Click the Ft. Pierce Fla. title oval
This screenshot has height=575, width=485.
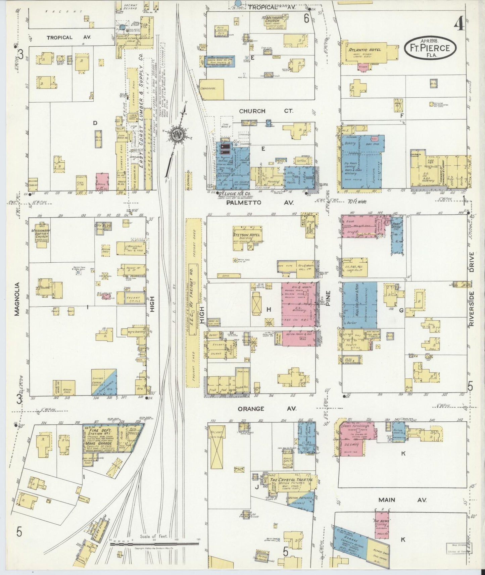(x=431, y=48)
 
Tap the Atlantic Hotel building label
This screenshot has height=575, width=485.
(x=365, y=50)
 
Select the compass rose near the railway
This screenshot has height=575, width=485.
(x=177, y=134)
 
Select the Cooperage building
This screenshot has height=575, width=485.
(x=211, y=89)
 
